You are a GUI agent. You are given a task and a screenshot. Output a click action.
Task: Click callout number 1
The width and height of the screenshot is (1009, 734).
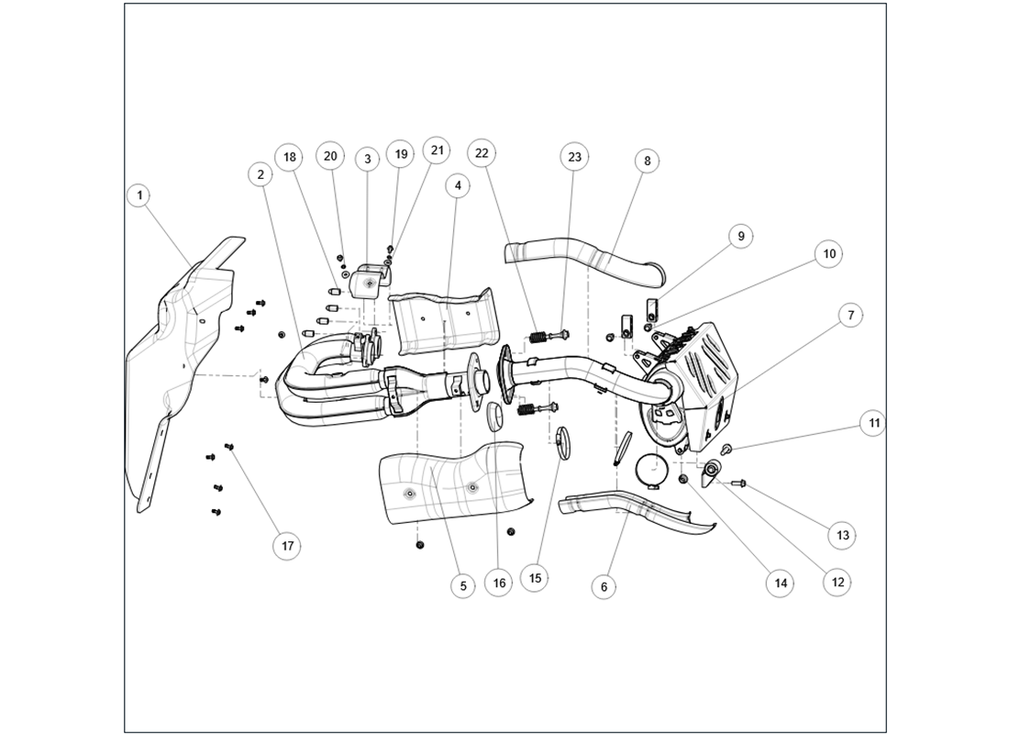coord(139,195)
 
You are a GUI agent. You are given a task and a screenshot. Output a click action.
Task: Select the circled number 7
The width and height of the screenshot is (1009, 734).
coord(850,315)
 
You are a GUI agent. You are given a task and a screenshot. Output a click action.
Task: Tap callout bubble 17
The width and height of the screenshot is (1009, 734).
coord(287,546)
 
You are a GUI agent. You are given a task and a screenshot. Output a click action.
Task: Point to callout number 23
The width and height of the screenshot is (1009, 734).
coord(574,158)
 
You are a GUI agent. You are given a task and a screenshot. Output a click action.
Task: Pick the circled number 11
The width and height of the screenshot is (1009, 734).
coord(873,423)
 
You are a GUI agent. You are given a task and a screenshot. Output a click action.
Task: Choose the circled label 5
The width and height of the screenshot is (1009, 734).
coord(462,585)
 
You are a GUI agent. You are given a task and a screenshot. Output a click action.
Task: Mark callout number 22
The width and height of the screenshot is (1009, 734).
coord(481,153)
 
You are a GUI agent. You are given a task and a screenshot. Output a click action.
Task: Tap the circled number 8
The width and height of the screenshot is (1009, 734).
coord(647,161)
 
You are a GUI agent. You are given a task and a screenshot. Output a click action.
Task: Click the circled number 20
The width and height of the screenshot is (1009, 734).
coord(330,156)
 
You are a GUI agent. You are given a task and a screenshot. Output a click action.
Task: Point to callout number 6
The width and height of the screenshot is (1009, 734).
coord(603,586)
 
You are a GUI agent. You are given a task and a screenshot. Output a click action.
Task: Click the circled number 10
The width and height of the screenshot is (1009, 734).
coord(828,253)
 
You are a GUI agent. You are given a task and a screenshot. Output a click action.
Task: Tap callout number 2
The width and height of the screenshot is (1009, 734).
coord(261,172)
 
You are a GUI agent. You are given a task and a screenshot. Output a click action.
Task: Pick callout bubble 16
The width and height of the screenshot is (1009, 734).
coord(498,583)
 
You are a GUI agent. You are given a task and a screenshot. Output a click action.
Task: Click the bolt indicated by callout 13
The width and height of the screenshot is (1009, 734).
coord(738,483)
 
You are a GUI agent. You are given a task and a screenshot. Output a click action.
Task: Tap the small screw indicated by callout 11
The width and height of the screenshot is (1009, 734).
coord(726,449)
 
